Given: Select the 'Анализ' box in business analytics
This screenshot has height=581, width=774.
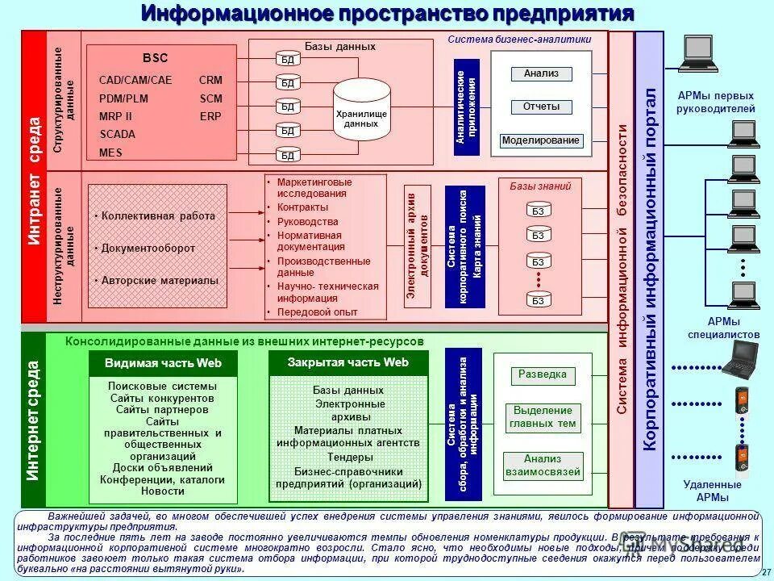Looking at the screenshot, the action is click(541, 73).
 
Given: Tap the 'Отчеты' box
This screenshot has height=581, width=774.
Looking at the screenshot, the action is click(541, 107).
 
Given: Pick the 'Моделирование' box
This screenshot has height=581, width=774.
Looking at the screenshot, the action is click(540, 140).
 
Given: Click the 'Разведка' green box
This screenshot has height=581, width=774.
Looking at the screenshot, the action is click(543, 375).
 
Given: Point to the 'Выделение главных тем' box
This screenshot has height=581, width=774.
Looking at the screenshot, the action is click(543, 416).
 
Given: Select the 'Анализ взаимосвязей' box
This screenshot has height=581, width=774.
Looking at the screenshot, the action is click(543, 466).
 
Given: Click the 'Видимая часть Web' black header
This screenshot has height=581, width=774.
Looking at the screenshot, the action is click(163, 364).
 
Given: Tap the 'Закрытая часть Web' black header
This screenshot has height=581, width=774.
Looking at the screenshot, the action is click(348, 363).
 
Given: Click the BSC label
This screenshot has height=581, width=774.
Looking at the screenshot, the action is click(156, 58).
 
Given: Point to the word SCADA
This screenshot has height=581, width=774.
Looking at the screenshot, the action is click(117, 134).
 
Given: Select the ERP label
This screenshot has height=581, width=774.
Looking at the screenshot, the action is click(210, 116).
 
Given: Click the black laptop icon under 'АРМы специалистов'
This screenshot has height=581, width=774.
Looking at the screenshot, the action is click(740, 359).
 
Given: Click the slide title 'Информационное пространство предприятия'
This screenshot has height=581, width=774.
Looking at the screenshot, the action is click(387, 14).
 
